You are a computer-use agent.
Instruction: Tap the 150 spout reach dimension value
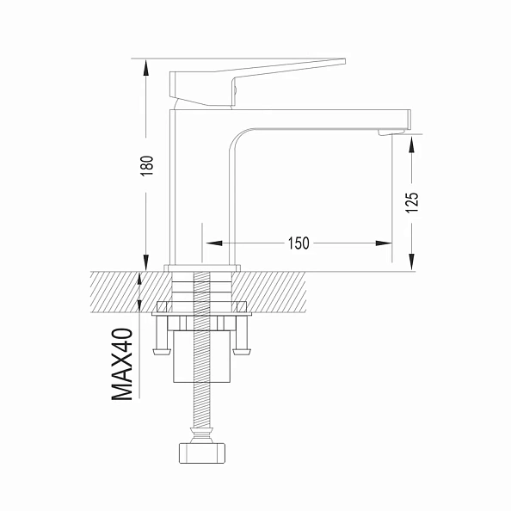298,243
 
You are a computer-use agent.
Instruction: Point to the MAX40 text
123,364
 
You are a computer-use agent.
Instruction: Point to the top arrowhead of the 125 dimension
412,143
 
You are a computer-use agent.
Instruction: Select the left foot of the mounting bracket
161,350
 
